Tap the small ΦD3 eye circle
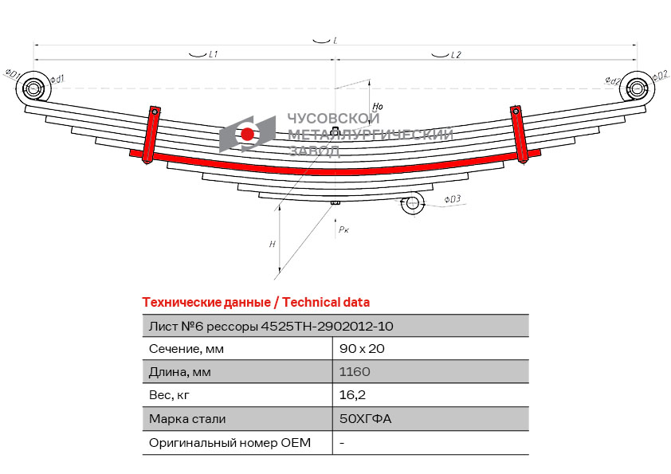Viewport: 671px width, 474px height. point(412,204)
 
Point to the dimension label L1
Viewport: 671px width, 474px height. point(213,55)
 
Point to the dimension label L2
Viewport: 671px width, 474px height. point(456,55)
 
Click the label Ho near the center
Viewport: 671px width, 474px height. point(378,106)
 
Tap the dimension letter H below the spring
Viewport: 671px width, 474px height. point(273,245)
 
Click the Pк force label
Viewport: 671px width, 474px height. point(343,229)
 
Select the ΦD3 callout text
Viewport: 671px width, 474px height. point(453,199)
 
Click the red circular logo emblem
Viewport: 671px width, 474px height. point(248,134)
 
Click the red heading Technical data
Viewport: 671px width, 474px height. point(256,302)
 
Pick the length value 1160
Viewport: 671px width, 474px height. point(355,372)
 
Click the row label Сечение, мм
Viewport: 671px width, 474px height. point(186,349)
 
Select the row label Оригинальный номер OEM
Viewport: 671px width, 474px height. point(230,442)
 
